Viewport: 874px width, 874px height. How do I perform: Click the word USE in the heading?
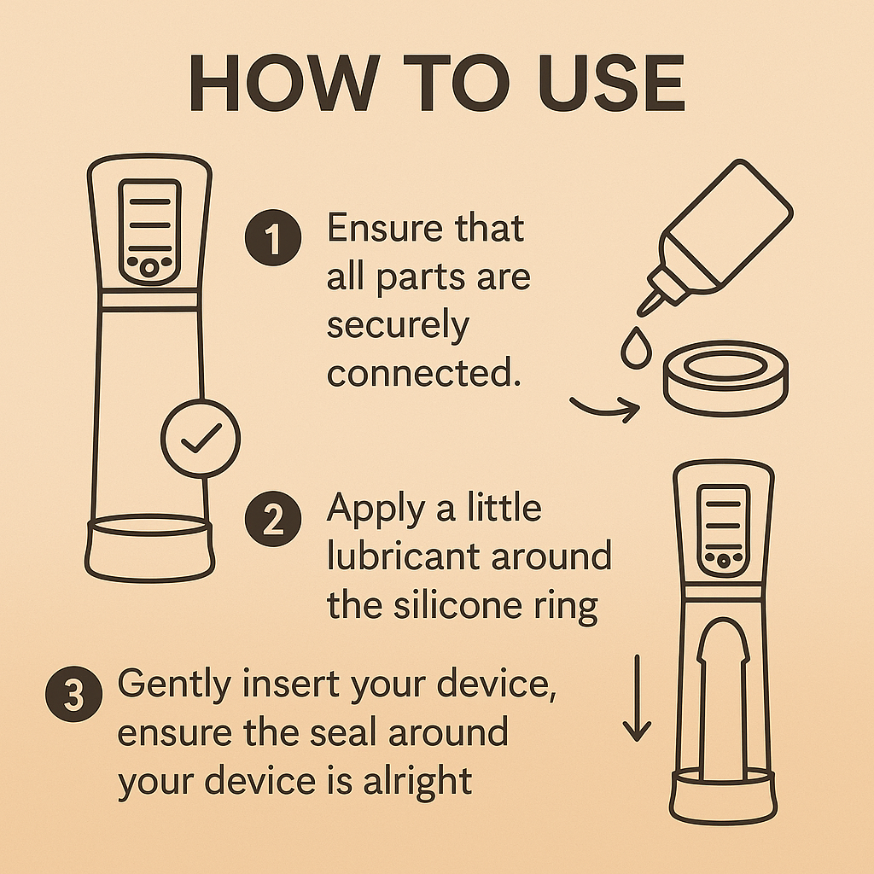611,83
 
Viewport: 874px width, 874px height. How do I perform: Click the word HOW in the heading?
285,83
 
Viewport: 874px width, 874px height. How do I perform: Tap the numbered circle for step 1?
273,237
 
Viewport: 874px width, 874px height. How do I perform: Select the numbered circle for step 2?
273,519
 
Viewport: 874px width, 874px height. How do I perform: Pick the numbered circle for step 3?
73,694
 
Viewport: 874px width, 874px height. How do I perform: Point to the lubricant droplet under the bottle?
637,348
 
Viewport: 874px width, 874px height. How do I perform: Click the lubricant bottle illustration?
715,237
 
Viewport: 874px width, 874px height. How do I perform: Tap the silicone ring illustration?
725,378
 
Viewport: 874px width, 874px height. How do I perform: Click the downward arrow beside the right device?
637,698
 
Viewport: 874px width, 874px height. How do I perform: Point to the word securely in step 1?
398,325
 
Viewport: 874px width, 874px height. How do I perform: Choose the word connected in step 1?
423,373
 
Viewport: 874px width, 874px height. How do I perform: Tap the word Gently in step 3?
174,685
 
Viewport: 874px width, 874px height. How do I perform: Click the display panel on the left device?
150,232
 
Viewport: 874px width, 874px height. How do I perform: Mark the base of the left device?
149,548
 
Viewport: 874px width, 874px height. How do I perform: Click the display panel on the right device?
724,530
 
